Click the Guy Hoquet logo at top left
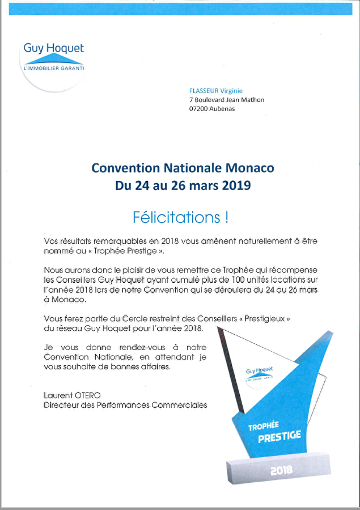click(53, 56)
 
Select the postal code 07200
click(200, 109)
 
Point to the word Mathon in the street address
click(253, 100)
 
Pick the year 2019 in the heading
click(234, 186)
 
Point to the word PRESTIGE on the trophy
click(279, 437)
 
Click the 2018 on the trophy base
click(281, 469)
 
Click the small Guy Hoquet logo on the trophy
click(259, 372)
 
